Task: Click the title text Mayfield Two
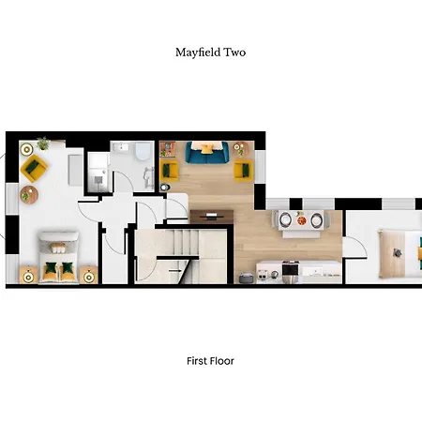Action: (x=210, y=53)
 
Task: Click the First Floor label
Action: (x=210, y=360)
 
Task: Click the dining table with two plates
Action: (x=301, y=220)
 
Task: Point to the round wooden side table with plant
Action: (x=28, y=195)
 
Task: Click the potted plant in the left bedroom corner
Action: (x=41, y=143)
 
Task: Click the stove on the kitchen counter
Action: (x=290, y=271)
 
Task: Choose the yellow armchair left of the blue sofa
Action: (x=170, y=170)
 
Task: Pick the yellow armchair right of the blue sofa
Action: (x=244, y=170)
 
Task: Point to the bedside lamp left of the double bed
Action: (x=23, y=274)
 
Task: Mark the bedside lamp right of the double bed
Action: (x=89, y=274)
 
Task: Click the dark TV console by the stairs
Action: (x=212, y=215)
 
